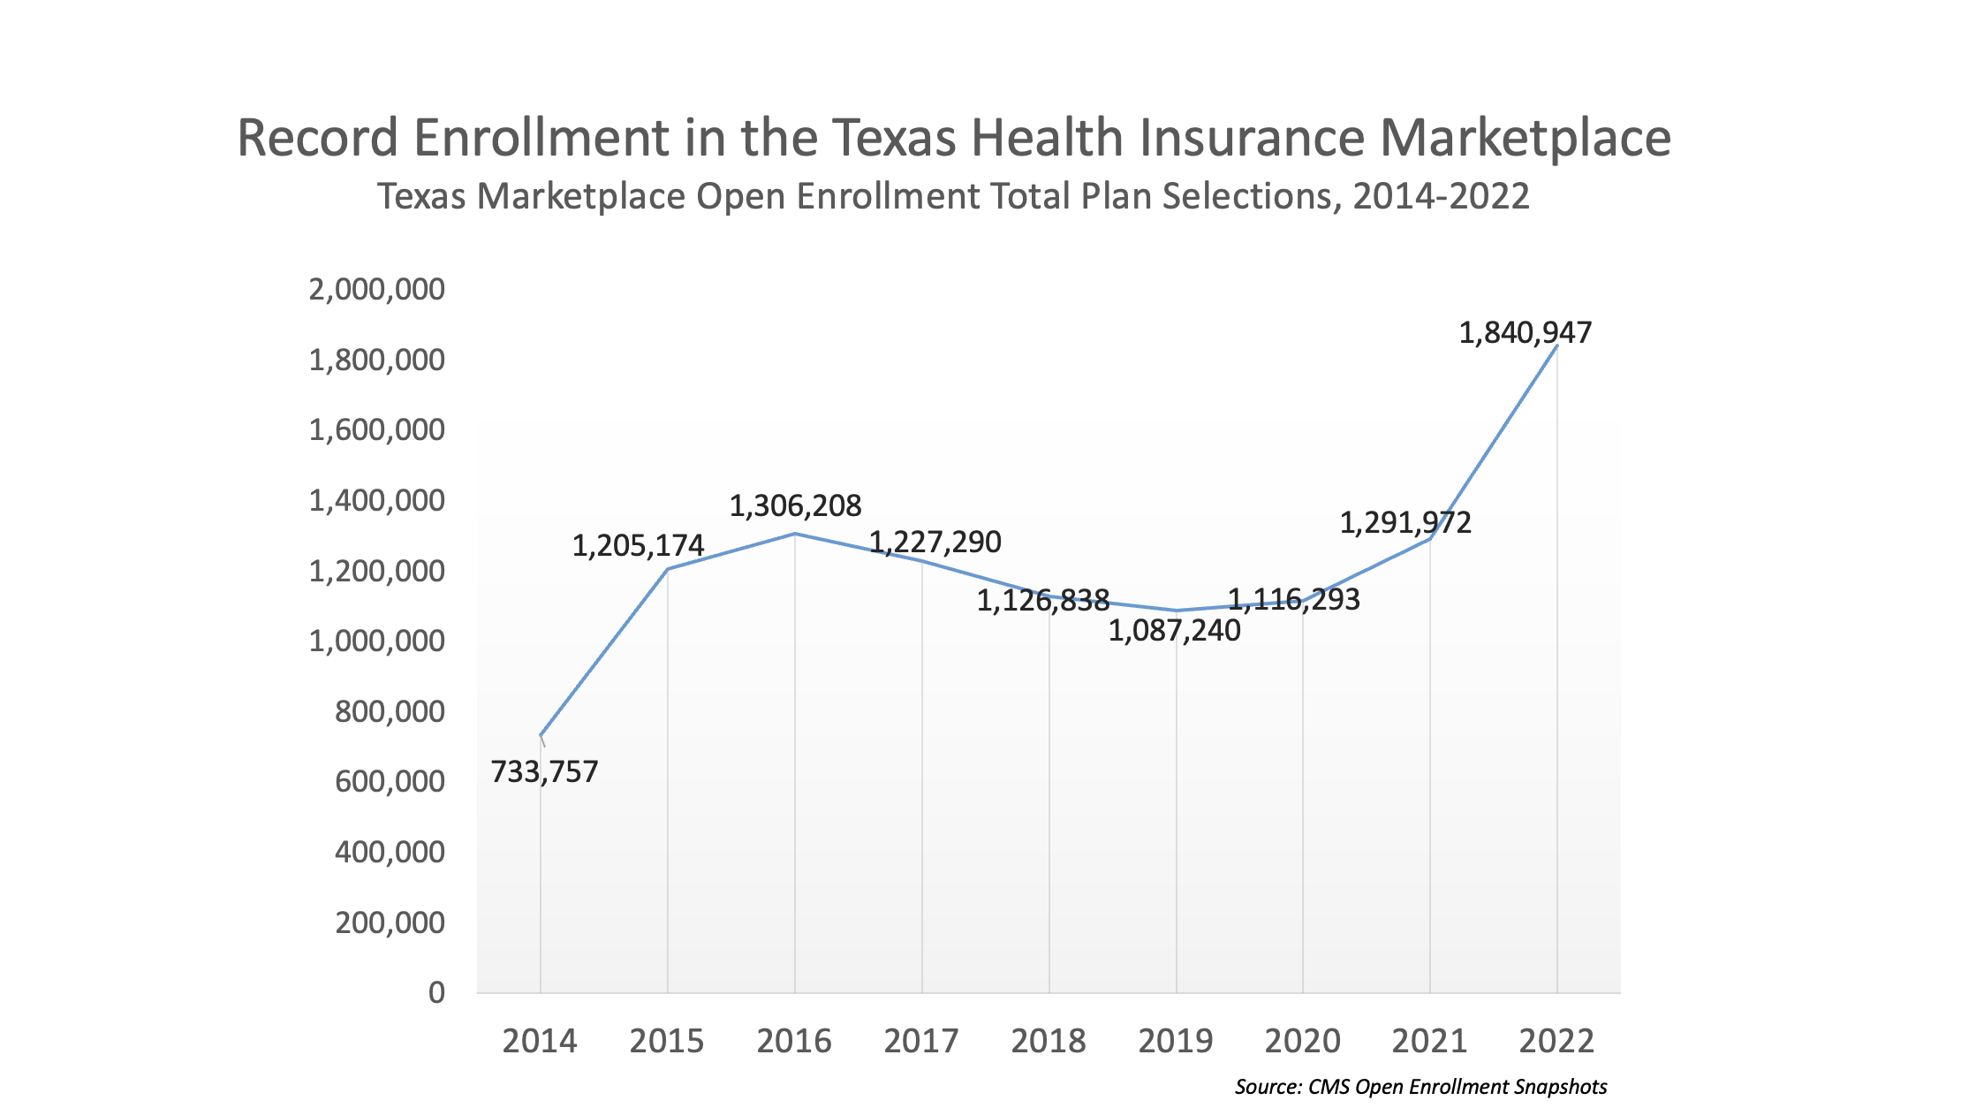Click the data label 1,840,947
[1525, 333]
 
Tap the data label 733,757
[544, 772]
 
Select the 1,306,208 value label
[795, 506]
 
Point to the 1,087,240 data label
[1174, 631]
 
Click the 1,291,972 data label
[1405, 523]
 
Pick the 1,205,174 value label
[638, 546]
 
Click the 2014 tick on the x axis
[540, 1041]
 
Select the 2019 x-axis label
[1175, 1041]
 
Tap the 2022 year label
[1556, 1041]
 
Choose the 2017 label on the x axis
[921, 1041]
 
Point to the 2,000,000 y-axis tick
[376, 289]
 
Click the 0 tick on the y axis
[436, 993]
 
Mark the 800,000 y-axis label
[390, 711]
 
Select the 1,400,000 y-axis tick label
[376, 501]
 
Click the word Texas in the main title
[893, 139]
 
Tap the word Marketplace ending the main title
[1525, 139]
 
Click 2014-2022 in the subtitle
[1441, 196]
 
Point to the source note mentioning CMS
[1420, 1087]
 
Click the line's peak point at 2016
[795, 534]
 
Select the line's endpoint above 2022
[1556, 346]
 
